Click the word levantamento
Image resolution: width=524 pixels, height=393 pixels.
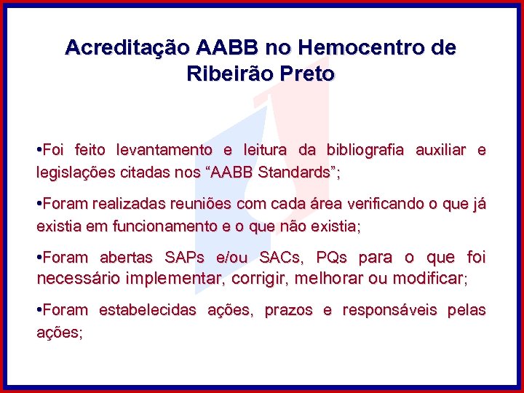162,151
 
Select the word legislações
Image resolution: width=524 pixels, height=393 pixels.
71,173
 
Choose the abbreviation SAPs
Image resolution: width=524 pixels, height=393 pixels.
184,258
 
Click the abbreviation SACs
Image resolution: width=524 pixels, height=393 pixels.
279,258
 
